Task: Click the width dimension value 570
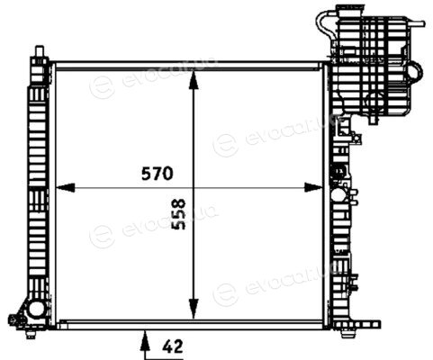click(x=158, y=174)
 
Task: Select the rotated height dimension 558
click(x=179, y=214)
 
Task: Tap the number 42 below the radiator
click(x=173, y=346)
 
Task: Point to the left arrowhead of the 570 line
click(x=66, y=188)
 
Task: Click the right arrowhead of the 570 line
click(x=313, y=188)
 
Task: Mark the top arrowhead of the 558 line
click(x=194, y=80)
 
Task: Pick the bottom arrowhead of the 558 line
click(x=194, y=309)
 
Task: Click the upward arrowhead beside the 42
click(x=145, y=340)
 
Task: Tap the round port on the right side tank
click(x=338, y=195)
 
